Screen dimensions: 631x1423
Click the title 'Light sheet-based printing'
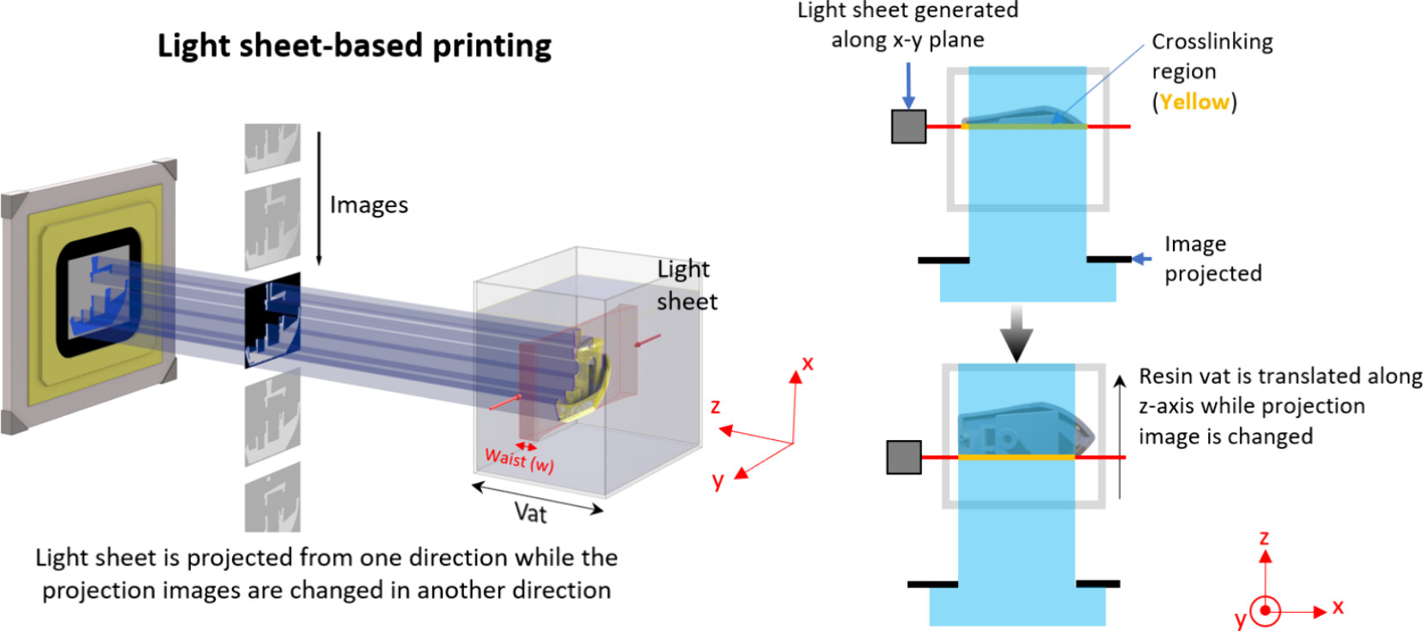pos(354,45)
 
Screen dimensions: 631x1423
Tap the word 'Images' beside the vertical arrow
pos(369,205)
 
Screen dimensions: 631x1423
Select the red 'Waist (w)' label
pos(519,460)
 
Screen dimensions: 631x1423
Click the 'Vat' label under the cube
pos(530,513)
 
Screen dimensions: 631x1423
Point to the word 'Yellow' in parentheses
pos(1194,102)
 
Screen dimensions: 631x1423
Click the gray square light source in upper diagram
pos(908,127)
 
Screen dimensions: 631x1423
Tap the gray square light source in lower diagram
pos(904,457)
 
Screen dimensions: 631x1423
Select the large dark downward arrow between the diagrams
pos(1016,332)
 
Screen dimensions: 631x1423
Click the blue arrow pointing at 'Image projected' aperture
pos(1141,259)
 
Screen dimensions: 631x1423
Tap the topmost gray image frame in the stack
pos(272,146)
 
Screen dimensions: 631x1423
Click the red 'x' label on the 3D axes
pos(807,364)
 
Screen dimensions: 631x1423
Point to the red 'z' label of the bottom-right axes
pos(1264,538)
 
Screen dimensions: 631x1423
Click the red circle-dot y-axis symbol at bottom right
pos(1265,611)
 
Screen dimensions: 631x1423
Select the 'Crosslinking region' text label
pos(1212,57)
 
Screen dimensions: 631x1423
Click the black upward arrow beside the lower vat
pos(1120,437)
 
